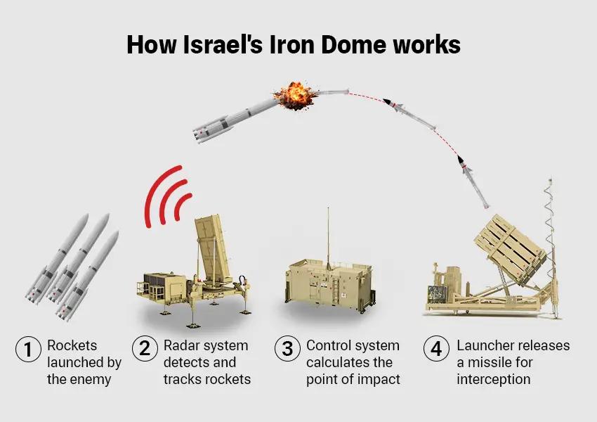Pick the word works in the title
pyautogui.click(x=428, y=44)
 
